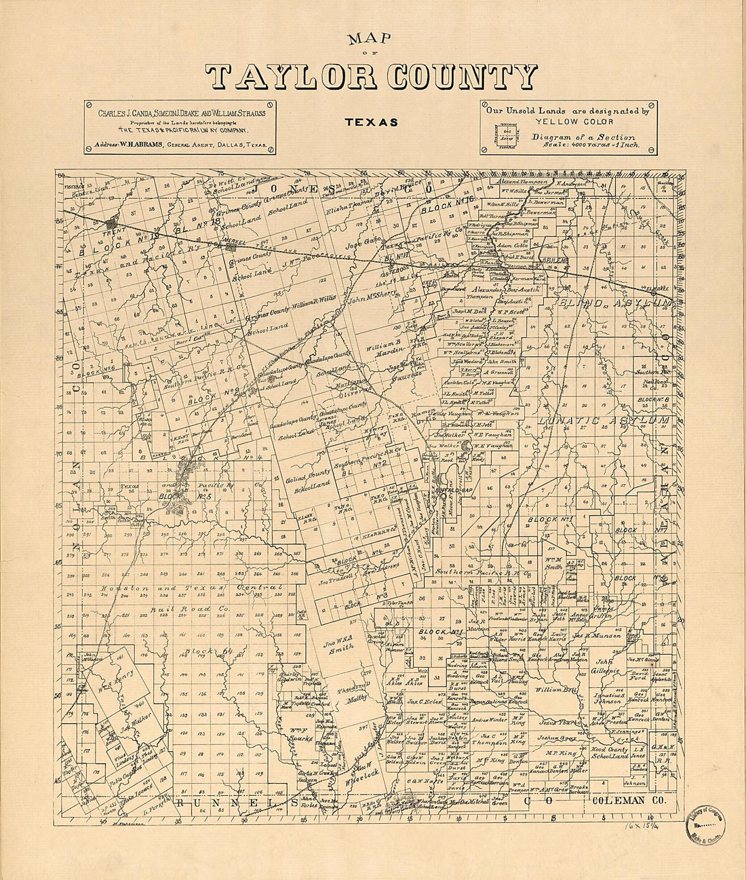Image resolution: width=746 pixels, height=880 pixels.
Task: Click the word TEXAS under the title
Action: point(370,123)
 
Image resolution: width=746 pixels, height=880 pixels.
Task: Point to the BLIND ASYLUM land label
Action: point(614,302)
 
